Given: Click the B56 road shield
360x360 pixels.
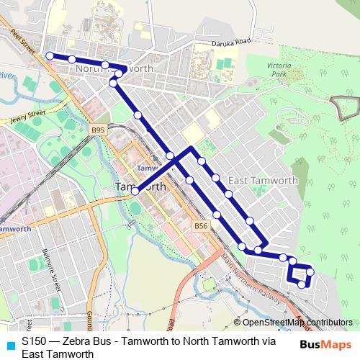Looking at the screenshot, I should [202, 226].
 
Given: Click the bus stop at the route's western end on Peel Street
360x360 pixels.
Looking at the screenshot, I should [49, 55].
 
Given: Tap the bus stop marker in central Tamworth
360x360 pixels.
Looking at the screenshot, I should [135, 191].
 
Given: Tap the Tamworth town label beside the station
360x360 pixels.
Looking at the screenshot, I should [140, 186].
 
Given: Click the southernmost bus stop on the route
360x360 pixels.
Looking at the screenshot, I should [302, 285].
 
